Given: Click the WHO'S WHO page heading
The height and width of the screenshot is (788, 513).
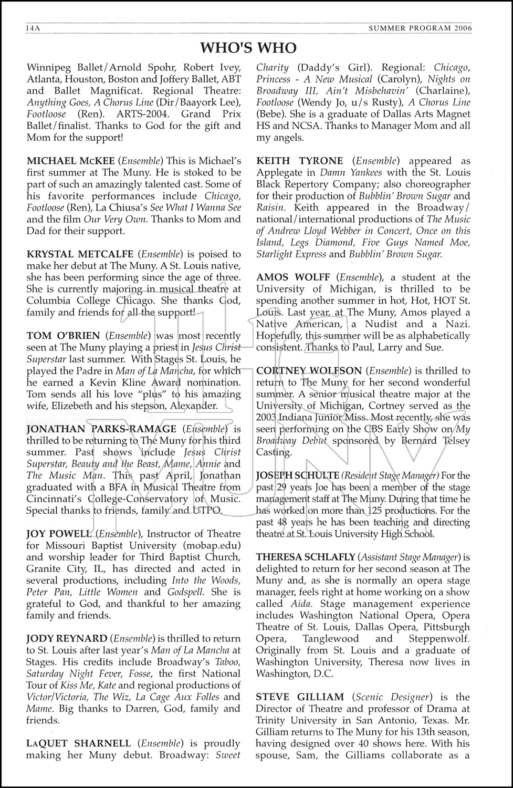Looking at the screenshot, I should [x=248, y=48].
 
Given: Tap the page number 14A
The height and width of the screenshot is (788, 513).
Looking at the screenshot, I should [x=33, y=28].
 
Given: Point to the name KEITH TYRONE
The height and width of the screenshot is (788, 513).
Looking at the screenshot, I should [x=300, y=161].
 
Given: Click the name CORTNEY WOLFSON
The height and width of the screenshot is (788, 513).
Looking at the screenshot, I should [x=309, y=371].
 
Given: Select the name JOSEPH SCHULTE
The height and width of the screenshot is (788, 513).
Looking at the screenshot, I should [x=298, y=475].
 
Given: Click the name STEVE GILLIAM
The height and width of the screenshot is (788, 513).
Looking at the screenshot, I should [x=300, y=697].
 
